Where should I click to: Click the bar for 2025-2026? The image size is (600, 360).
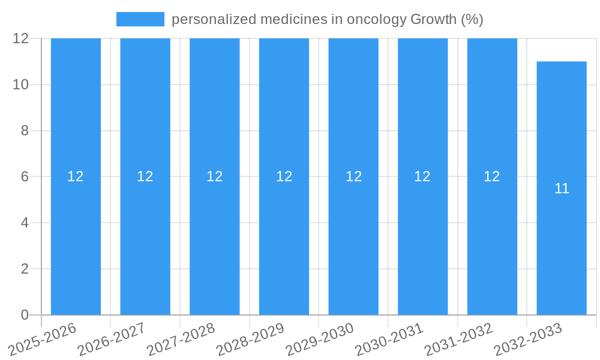click(x=76, y=240)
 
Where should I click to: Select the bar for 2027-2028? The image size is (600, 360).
click(x=214, y=240)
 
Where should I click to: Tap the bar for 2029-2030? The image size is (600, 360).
click(x=353, y=240)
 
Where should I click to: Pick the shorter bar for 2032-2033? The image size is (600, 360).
click(x=562, y=252)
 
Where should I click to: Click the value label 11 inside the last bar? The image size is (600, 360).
click(x=562, y=188)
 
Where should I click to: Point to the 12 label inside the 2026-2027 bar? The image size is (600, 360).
click(x=145, y=176)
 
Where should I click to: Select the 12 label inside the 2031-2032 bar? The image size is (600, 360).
click(x=492, y=176)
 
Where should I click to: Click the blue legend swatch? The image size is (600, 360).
click(x=140, y=19)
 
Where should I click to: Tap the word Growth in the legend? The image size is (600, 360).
click(x=433, y=19)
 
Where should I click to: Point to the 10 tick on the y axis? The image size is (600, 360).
click(x=21, y=85)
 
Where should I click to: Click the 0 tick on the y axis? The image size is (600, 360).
click(x=25, y=315)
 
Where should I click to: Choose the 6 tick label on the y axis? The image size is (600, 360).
click(x=25, y=177)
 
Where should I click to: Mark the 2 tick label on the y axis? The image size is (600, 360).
click(x=25, y=269)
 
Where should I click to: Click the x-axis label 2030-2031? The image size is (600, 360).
click(x=389, y=340)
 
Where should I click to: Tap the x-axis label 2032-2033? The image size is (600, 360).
click(x=528, y=340)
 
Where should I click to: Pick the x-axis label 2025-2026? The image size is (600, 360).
click(x=42, y=340)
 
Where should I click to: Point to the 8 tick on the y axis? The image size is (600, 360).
click(x=25, y=131)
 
